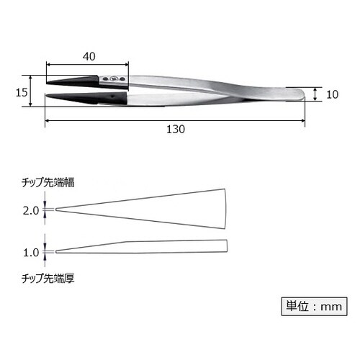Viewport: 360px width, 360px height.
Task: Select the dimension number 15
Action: [21, 91]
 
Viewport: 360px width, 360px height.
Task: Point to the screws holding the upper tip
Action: [115, 78]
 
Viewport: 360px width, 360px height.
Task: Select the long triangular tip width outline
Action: [144, 209]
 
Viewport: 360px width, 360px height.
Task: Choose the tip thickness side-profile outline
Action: [144, 246]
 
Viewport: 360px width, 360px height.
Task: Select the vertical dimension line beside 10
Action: [315, 94]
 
